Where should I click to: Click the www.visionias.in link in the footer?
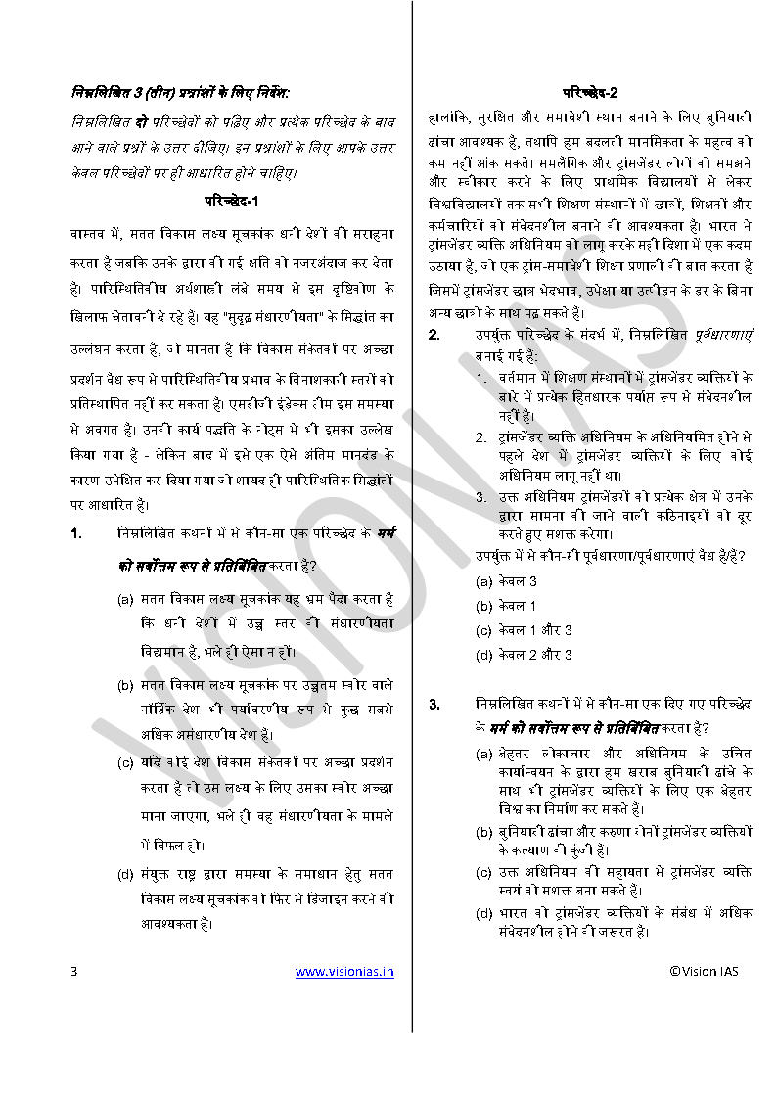[344, 972]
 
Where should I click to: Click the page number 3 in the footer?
[73, 972]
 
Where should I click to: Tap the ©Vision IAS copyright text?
[705, 972]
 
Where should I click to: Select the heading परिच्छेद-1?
[231, 203]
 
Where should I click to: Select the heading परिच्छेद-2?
[589, 93]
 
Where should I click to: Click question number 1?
[75, 534]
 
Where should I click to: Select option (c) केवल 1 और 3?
[524, 630]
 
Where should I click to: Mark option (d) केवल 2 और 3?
[524, 655]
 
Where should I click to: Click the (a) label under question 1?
[125, 598]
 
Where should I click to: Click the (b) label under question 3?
[483, 831]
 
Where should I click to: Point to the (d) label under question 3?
[483, 913]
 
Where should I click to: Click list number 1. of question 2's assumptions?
[481, 377]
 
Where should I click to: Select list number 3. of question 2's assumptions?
[481, 496]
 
